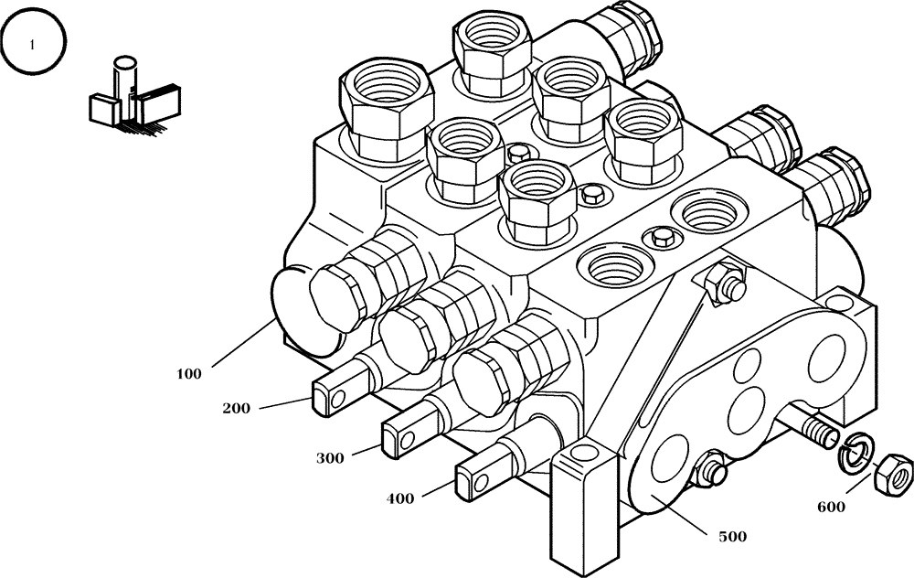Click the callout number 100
click(189, 374)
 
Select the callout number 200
click(238, 409)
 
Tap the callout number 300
click(331, 458)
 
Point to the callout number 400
click(399, 499)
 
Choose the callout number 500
click(731, 537)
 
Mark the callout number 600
click(831, 505)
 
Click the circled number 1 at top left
click(34, 45)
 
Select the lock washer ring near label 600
click(856, 453)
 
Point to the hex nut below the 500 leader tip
click(710, 473)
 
